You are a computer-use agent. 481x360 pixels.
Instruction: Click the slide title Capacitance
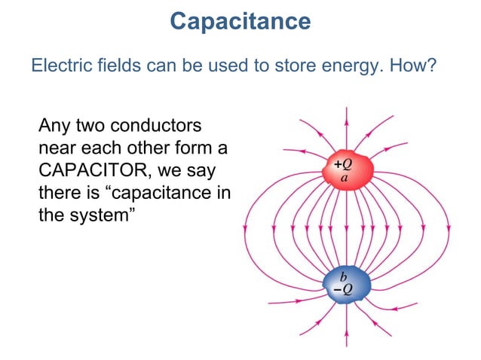240,21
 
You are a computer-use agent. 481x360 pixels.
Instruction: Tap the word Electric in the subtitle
57,66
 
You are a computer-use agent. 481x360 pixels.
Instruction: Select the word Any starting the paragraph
54,123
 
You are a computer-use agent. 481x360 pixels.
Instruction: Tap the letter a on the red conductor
345,178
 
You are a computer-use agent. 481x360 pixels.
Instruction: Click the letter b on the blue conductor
344,277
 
